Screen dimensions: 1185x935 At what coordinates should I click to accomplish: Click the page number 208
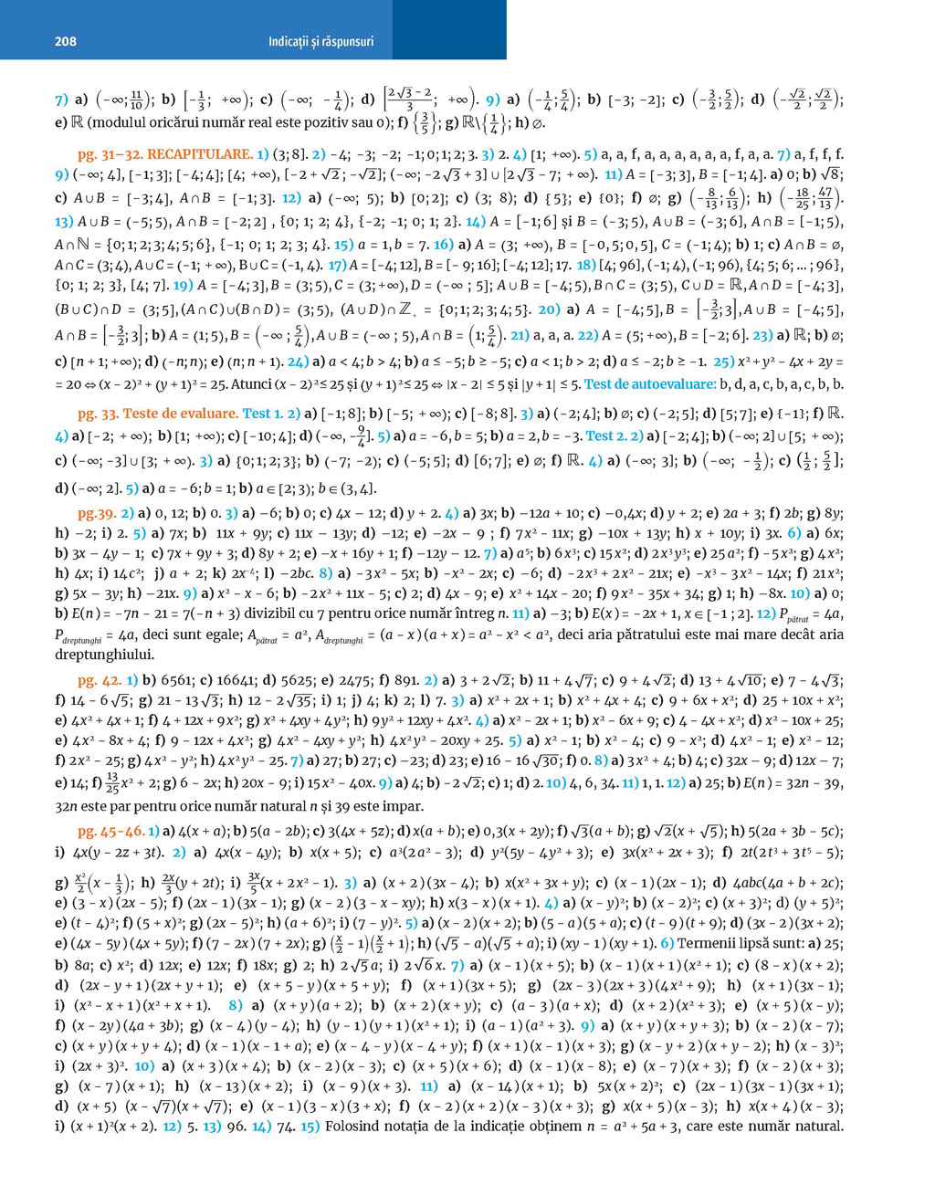coord(66,41)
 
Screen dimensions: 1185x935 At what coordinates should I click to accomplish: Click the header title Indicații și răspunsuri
coord(320,41)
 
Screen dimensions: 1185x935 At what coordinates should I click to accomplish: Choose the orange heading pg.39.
coord(96,514)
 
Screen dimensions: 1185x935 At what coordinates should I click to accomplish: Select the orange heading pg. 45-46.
coord(111,831)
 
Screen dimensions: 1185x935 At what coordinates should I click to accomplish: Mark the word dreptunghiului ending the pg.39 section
coord(104,654)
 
